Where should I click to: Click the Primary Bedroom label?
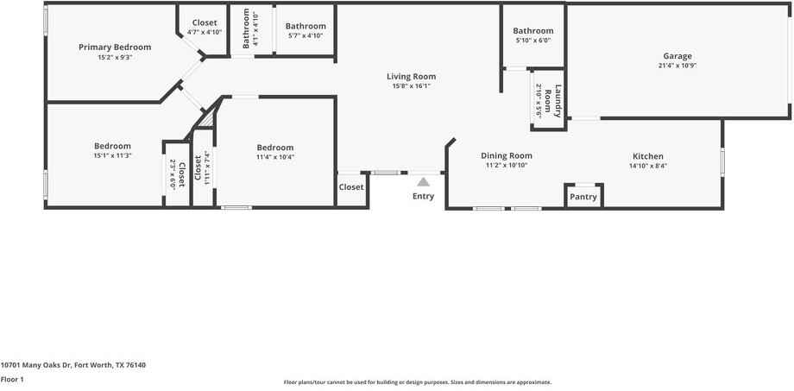115,47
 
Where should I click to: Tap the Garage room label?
677,56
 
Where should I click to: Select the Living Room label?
411,76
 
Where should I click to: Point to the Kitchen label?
648,156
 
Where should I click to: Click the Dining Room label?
507,155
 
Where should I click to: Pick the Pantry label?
583,197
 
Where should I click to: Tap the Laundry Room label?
553,100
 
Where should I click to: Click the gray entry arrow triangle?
423,181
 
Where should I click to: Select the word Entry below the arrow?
423,196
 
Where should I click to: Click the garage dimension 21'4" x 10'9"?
677,66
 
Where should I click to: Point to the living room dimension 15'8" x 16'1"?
411,85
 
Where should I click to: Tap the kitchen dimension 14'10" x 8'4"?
648,166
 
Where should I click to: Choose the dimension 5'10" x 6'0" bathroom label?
532,41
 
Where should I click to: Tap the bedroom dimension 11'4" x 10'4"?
274,157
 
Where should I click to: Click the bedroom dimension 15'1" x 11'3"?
112,155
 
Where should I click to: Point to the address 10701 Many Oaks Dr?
72,365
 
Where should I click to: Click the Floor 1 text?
12,379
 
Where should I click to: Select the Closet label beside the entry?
351,186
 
